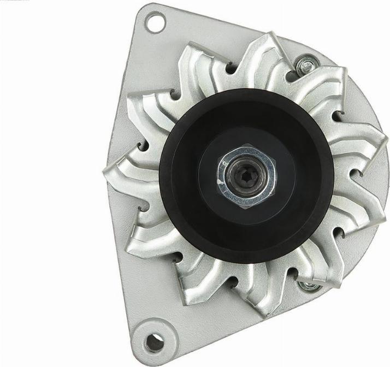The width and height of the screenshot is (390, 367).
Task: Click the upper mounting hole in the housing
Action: (155, 22)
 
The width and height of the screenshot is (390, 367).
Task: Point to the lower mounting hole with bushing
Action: (155, 342)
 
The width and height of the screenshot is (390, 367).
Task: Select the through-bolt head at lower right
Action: (309, 286)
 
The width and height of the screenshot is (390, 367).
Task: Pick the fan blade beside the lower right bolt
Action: (328, 268)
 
